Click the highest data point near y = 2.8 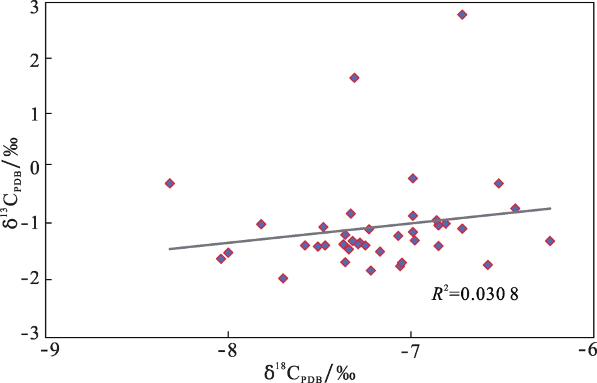462,14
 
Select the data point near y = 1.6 354,77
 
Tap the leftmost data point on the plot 170,183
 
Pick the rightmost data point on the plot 550,241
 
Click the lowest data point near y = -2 283,278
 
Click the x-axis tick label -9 48,350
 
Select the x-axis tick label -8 228,350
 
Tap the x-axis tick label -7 410,350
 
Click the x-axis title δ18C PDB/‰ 311,372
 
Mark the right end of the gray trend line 550,208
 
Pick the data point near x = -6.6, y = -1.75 488,265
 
